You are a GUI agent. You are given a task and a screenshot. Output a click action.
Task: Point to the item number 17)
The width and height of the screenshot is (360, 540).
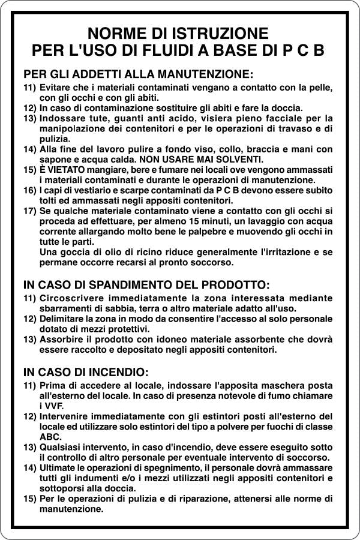pos(30,211)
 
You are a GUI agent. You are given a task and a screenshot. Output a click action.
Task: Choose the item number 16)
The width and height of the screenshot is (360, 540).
pos(30,190)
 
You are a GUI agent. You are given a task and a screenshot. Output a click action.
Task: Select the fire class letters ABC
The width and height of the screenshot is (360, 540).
pos(50,437)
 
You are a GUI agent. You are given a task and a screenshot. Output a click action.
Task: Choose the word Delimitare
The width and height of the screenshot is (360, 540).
pos(64,319)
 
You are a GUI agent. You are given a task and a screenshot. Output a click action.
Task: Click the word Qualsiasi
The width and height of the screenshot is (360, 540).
pos(64,448)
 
